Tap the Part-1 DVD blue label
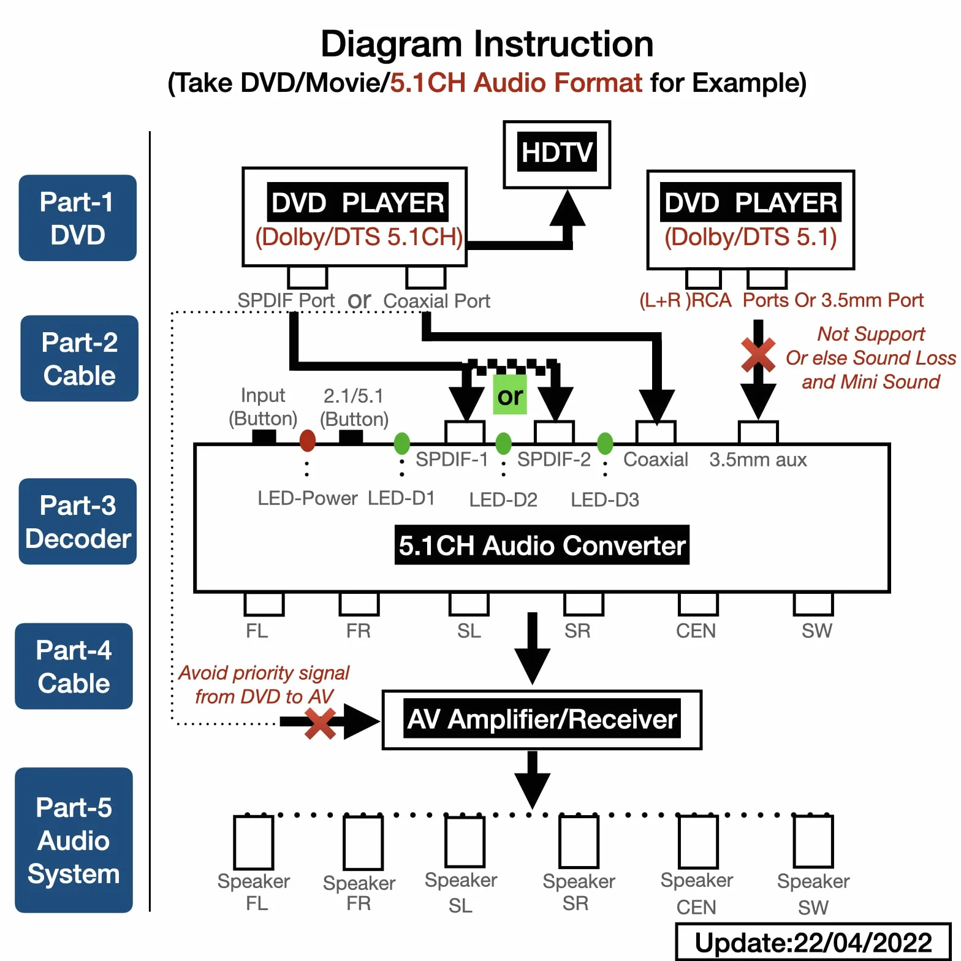point(78,218)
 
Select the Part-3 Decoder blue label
point(78,522)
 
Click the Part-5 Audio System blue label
point(74,840)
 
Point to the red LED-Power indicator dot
point(308,440)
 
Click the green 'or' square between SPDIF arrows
point(510,395)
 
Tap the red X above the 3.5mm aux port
point(758,355)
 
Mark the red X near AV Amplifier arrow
point(320,724)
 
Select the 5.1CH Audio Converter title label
point(542,545)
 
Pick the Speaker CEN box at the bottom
point(697,841)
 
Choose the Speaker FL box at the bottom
point(254,842)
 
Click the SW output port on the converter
point(813,604)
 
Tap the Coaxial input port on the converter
point(656,432)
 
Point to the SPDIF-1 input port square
point(465,432)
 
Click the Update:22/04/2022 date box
point(813,941)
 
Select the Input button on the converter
point(264,436)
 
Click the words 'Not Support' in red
point(871,334)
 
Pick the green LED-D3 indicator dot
point(605,443)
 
